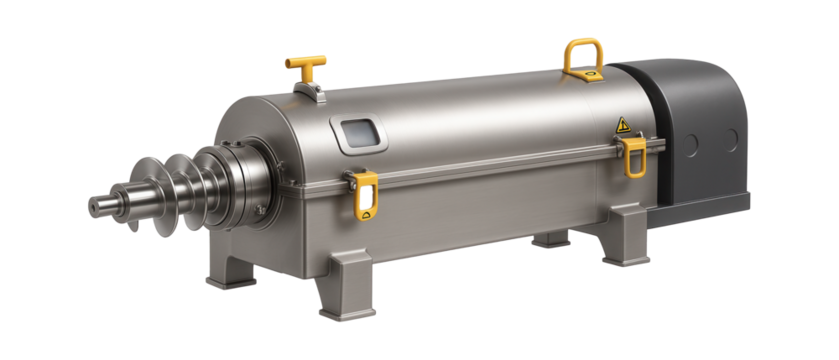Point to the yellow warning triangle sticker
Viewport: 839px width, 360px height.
pyautogui.click(x=622, y=125)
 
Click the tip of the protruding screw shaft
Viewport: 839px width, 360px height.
pyautogui.click(x=94, y=206)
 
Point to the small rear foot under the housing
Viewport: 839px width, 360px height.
pyautogui.click(x=551, y=240)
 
